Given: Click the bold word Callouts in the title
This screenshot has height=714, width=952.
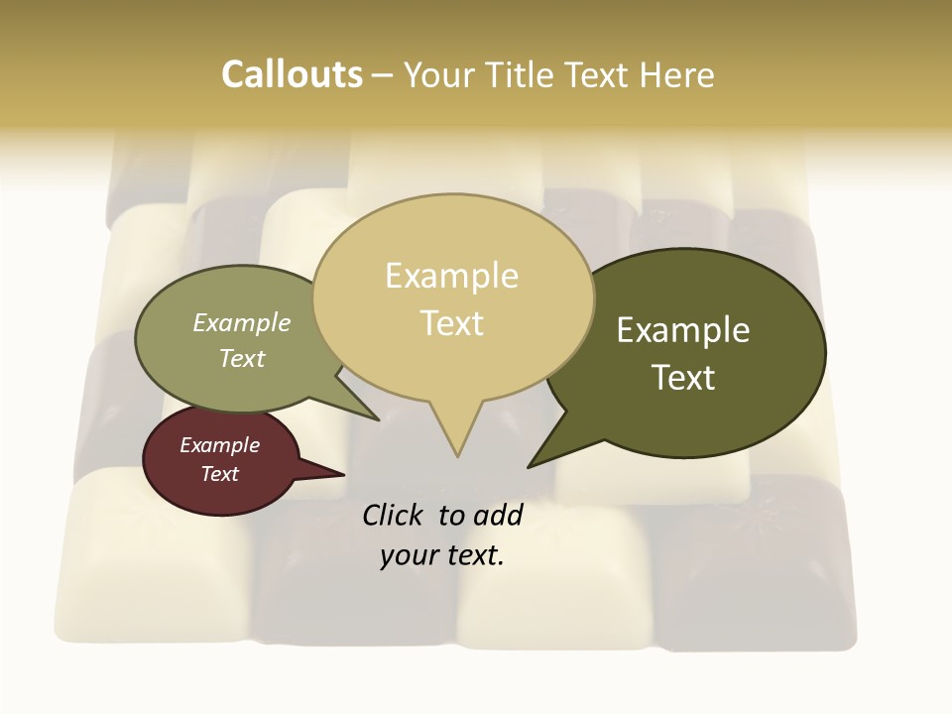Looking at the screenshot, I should [x=292, y=74].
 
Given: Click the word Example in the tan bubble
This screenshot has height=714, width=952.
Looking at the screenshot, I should [x=451, y=276].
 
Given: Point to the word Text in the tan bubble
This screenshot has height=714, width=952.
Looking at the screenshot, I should [x=451, y=323].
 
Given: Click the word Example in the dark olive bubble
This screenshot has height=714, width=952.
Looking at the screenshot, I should [x=683, y=330].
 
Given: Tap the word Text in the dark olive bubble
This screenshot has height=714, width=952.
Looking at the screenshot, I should [x=683, y=378].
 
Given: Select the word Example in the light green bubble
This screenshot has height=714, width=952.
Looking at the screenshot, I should [x=242, y=322].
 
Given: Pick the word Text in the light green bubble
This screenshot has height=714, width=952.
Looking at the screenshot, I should [x=242, y=358].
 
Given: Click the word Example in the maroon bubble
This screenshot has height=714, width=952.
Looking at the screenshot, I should [x=220, y=445].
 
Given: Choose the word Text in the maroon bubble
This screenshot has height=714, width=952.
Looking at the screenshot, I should [x=220, y=474].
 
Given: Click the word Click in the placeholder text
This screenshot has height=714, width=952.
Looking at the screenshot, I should [x=395, y=515].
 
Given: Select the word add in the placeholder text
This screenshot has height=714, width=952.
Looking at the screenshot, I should [x=498, y=515].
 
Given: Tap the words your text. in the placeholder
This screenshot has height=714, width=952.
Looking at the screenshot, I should [x=442, y=555].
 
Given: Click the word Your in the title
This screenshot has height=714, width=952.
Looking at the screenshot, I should [x=440, y=74].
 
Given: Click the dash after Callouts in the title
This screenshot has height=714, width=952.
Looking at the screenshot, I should [x=382, y=74].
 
